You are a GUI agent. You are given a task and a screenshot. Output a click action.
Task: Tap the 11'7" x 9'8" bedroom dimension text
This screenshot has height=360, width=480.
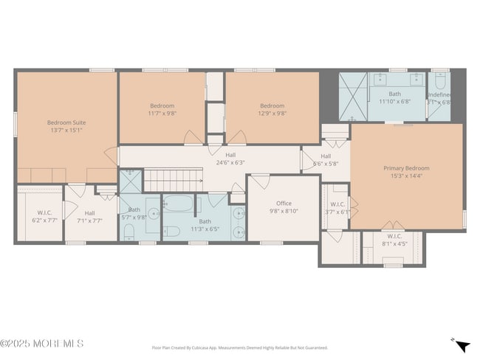[x=161, y=114]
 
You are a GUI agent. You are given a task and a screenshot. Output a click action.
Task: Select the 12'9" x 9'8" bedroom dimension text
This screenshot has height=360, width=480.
[x=272, y=114]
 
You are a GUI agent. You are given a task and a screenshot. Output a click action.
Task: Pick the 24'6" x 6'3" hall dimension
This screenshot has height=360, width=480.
[x=230, y=162]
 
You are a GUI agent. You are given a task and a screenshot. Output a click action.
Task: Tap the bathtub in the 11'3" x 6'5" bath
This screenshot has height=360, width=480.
[x=177, y=204]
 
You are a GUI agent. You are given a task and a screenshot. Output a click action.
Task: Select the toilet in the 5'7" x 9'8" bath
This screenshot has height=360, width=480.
[x=128, y=232]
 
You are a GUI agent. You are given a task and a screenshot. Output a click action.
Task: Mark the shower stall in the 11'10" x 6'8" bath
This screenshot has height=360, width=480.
[x=352, y=96]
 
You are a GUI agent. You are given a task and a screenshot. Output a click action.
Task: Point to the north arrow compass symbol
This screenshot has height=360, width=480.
[x=462, y=345]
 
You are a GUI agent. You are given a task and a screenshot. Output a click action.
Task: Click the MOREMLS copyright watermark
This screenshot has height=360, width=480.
[x=42, y=344]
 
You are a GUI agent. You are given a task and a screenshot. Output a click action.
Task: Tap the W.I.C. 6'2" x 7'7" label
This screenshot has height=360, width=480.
[x=44, y=216]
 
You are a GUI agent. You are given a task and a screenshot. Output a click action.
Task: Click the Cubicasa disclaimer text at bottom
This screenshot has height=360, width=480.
[x=239, y=347]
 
